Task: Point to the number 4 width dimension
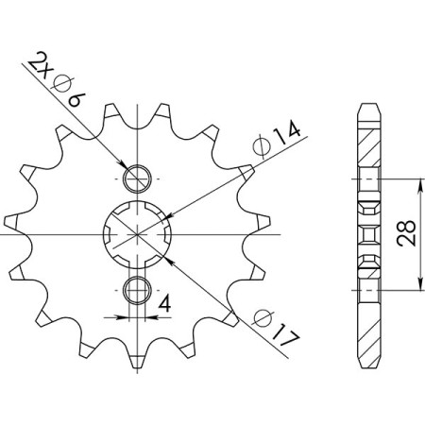[x=164, y=303]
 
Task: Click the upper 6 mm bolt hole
[x=138, y=177]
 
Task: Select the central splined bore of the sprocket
[x=138, y=233]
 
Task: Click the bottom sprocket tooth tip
[x=138, y=365]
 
